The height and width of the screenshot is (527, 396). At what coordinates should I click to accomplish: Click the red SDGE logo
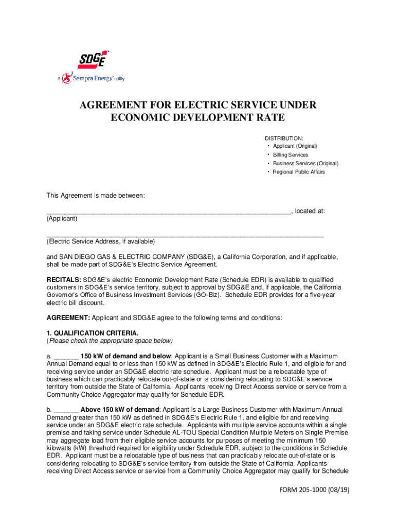coord(93,60)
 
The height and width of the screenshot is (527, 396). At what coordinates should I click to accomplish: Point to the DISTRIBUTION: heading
coord(284,138)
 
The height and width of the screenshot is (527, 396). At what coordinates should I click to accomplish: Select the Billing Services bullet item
coord(291,155)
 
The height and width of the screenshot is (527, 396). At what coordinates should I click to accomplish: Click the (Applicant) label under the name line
coord(62,219)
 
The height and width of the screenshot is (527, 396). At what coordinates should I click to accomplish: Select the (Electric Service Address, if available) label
coord(101,241)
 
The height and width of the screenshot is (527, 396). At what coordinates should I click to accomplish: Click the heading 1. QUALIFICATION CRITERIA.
coord(93,333)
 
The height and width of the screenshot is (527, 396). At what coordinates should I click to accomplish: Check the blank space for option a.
coord(66,357)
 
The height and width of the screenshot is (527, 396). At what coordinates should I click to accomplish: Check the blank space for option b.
coord(66,410)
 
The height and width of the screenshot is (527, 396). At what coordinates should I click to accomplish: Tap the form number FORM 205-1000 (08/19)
coord(311,490)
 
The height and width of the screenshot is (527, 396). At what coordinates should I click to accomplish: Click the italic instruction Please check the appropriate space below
coord(111,341)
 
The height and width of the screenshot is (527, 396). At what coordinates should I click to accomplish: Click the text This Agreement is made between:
coord(96,196)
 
